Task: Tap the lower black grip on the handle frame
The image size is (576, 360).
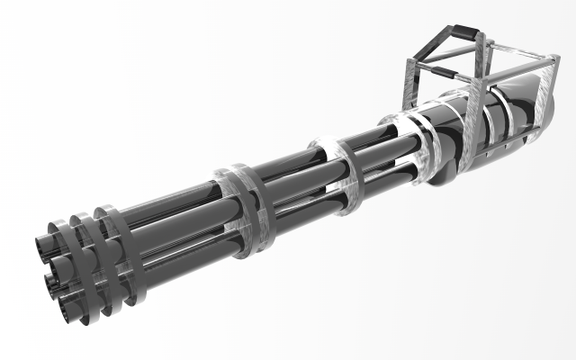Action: pyautogui.click(x=439, y=67)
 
